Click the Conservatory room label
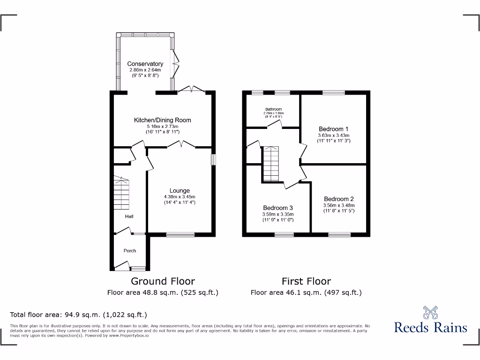tap(145, 64)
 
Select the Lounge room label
tap(180, 190)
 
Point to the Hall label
tap(129, 216)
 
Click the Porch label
tap(130, 251)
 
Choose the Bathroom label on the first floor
tap(273, 109)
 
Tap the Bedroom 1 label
tap(333, 129)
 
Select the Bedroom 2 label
tap(338, 199)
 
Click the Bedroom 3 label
tap(277, 208)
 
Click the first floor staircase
tap(270, 164)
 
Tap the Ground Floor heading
tap(162, 281)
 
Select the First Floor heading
tap(306, 281)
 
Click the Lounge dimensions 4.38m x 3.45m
tap(180, 197)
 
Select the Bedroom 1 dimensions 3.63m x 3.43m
tap(333, 135)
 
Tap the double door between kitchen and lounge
tap(174, 146)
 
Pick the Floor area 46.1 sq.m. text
tap(306, 292)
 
